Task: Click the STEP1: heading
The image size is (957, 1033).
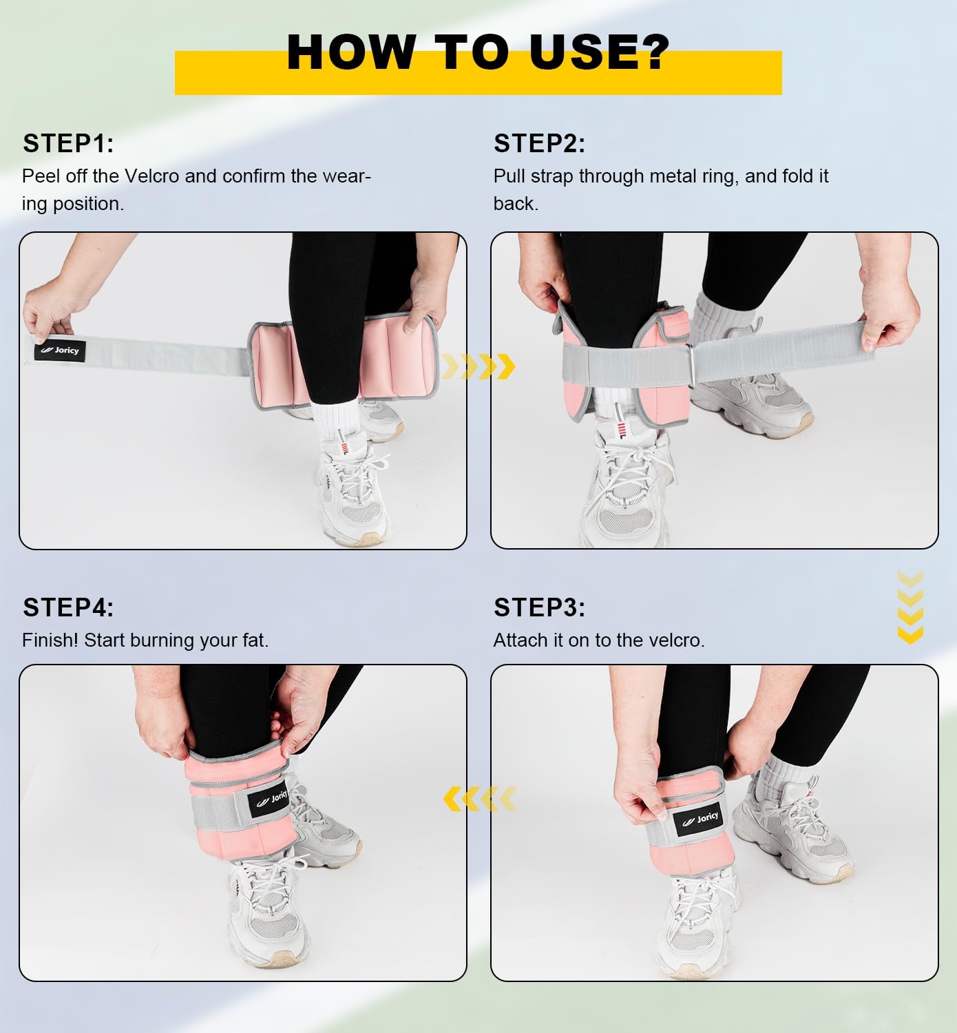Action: coord(68,143)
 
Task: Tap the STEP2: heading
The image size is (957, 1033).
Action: coord(539,143)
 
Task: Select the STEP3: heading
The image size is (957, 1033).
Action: coord(539,607)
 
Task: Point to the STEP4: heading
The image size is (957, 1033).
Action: coord(68,607)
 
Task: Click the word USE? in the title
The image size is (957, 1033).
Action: coord(600,52)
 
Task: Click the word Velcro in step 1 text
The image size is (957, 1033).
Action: coord(152,176)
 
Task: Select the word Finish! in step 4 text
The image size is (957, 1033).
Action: coord(50,640)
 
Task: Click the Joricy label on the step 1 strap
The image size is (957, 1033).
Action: coord(60,351)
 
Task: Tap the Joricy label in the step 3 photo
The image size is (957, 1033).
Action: coord(700,820)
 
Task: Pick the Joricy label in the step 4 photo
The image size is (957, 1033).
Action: coord(269,798)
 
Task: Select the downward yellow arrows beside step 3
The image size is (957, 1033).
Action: coord(910,607)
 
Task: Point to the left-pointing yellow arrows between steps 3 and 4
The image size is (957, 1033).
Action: coord(480,799)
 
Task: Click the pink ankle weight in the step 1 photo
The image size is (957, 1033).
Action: coord(344,361)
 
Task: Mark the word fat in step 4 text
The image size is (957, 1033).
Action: coord(254,640)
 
